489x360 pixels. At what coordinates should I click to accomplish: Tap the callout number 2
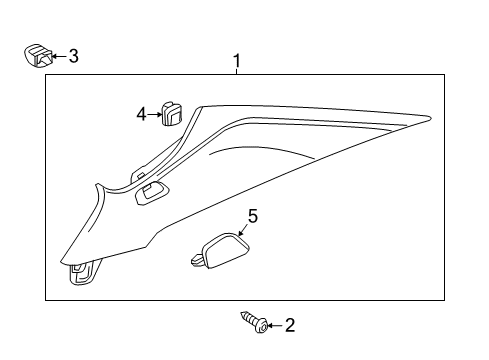pos(290,325)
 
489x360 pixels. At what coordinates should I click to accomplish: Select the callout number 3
pos(72,57)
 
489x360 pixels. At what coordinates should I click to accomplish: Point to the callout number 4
pos(141,114)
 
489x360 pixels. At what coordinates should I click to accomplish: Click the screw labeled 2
pos(252,322)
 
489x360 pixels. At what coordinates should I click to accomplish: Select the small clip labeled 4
pos(173,113)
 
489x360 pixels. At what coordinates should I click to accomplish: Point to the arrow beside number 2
pos(274,325)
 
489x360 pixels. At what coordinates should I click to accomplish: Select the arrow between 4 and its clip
pos(155,114)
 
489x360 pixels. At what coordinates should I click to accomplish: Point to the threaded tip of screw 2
pos(243,316)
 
